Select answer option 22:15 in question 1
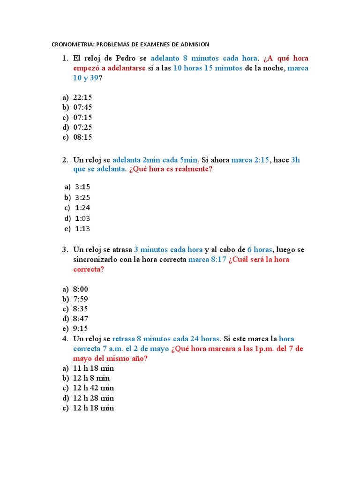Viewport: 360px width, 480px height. point(82,97)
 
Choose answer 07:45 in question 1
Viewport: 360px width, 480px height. point(82,107)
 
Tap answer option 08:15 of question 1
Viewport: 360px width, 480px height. point(82,137)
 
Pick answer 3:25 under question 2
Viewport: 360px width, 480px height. point(82,197)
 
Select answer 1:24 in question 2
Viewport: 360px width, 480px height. point(82,208)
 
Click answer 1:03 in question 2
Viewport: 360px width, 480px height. point(82,218)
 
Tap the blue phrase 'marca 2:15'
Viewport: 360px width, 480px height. point(250,160)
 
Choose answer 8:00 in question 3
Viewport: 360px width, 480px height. point(81,289)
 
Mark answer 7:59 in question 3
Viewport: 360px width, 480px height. point(81,299)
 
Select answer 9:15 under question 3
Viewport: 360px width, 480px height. point(81,328)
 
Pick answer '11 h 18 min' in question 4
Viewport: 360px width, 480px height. point(93,368)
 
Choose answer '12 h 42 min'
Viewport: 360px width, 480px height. point(93,388)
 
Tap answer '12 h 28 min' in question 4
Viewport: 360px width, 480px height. point(93,398)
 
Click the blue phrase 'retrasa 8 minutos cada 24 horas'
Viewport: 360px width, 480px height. point(166,338)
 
